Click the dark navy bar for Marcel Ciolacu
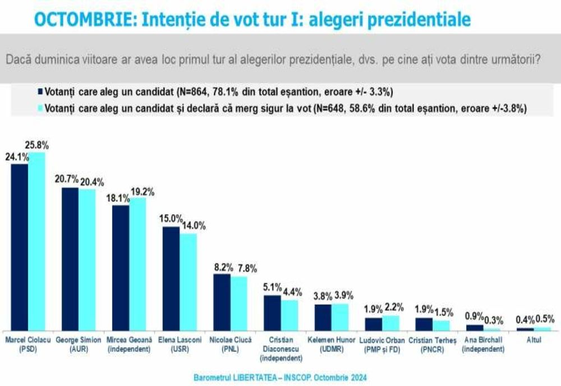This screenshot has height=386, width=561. tap(20, 247)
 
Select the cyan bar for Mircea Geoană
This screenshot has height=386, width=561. tap(137, 264)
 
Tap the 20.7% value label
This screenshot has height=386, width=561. tap(67, 179)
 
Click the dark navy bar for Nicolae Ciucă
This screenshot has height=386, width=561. tap(222, 302)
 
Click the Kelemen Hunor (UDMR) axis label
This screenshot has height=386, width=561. tap(330, 344)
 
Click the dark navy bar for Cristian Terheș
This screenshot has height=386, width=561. tap(424, 324)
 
